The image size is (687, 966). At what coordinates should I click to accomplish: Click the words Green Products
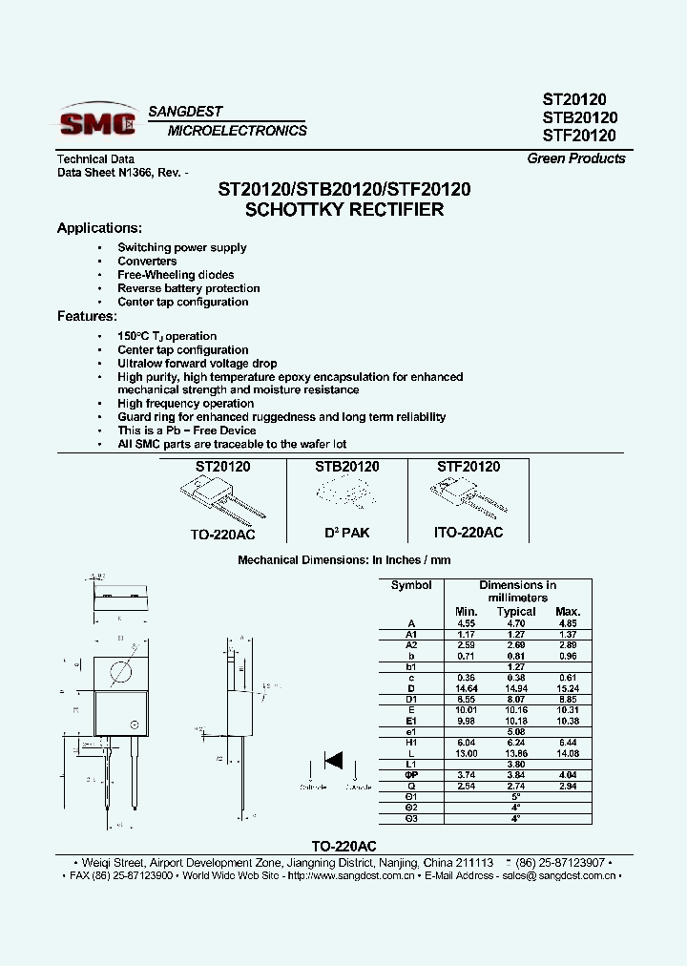click(x=576, y=158)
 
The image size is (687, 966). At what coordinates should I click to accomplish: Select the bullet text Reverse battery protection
click(x=188, y=288)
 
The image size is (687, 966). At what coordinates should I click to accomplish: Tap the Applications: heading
click(x=99, y=228)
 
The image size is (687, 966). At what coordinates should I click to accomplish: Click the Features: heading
click(x=87, y=316)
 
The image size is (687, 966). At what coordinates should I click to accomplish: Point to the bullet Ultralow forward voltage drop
click(x=197, y=364)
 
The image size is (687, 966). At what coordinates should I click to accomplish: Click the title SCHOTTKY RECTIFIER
click(x=344, y=209)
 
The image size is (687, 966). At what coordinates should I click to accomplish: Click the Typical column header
click(x=516, y=612)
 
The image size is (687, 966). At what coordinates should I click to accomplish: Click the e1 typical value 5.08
click(x=516, y=733)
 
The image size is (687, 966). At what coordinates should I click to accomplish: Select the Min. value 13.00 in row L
click(x=466, y=754)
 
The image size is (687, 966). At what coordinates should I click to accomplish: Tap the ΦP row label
click(x=411, y=775)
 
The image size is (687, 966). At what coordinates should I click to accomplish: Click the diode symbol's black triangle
click(x=334, y=761)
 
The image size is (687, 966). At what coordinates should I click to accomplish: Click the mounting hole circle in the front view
click(x=120, y=671)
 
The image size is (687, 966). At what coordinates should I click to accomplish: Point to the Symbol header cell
click(x=411, y=585)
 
